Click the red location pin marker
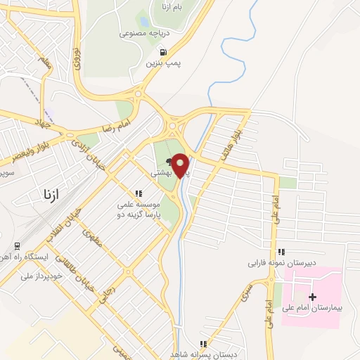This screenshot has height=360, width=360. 181,165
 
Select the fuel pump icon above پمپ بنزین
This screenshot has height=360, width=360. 164,52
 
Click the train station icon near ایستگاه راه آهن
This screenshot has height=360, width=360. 16,245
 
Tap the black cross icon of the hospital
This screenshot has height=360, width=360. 313,297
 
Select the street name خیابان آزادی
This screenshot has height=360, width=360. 87,155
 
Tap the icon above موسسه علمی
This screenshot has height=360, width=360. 139,193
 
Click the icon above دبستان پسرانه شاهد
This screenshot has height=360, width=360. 203,344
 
